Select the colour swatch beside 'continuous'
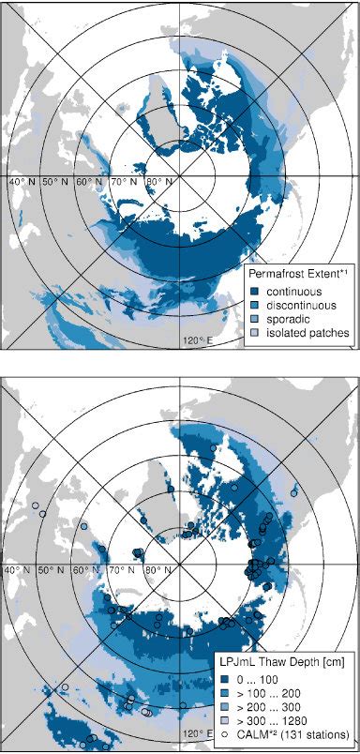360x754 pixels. (x=254, y=290)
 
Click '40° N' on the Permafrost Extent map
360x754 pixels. (x=22, y=179)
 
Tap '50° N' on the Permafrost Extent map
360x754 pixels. (x=56, y=179)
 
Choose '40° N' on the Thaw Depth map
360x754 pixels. (x=22, y=569)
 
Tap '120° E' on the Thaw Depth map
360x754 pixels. (x=196, y=732)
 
